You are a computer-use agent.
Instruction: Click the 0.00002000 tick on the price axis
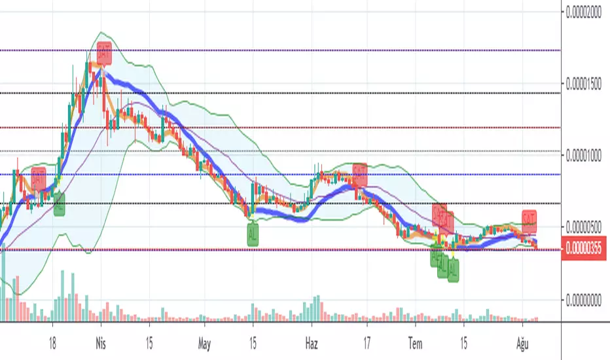tap(585, 11)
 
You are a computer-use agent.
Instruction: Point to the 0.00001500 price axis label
tap(585, 84)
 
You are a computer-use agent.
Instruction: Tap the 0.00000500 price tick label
tap(585, 228)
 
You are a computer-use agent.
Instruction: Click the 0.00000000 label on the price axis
tap(585, 300)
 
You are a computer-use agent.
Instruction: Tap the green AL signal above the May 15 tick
tap(253, 234)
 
